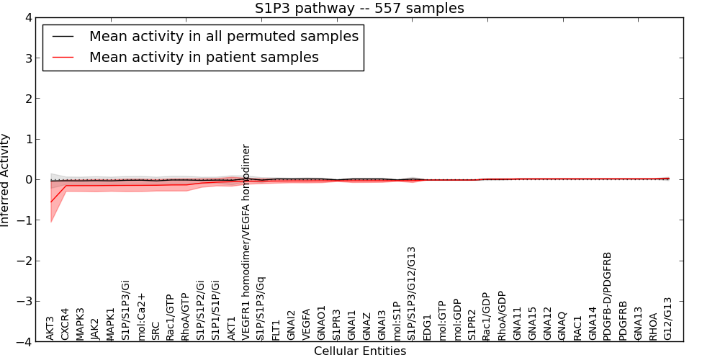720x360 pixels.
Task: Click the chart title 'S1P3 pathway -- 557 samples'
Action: click(x=359, y=9)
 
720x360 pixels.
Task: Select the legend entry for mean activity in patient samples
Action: click(x=204, y=57)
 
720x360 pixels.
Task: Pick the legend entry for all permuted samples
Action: click(x=224, y=36)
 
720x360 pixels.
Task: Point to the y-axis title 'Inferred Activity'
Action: click(x=6, y=180)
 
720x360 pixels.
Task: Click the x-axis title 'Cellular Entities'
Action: click(x=360, y=351)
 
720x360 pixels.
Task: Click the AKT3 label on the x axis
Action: click(x=50, y=328)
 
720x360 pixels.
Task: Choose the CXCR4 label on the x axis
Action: click(x=66, y=324)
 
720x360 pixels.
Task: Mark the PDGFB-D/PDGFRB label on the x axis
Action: click(x=608, y=296)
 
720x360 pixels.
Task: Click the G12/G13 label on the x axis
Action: click(x=668, y=318)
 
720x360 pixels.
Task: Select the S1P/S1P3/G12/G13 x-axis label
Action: click(x=412, y=294)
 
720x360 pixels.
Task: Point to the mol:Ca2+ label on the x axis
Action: click(x=141, y=316)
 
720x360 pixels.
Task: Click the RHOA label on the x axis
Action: click(x=653, y=326)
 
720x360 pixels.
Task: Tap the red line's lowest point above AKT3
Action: click(x=51, y=202)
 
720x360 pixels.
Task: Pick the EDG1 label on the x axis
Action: click(x=427, y=327)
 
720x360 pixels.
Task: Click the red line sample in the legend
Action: click(x=63, y=57)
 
